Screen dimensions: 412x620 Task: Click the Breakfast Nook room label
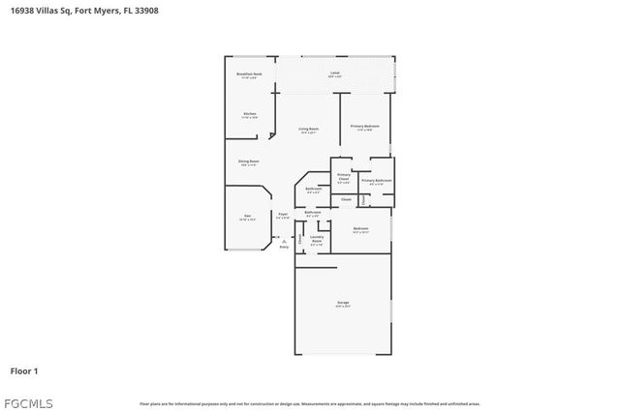point(250,74)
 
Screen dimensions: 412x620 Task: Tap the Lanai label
point(334,74)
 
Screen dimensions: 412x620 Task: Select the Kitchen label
point(249,114)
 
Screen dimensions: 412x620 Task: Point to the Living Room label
point(309,130)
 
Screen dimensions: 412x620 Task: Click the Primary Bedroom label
point(364,127)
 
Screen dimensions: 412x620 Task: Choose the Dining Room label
point(249,162)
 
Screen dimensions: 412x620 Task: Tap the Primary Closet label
point(343,178)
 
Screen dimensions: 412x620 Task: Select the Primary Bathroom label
point(376,181)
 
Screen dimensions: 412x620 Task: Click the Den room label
point(247,217)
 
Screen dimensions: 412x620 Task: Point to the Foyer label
point(283,215)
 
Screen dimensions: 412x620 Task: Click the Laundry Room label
point(316,241)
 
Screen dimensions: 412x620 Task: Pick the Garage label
point(343,304)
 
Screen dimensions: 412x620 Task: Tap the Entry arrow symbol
point(284,240)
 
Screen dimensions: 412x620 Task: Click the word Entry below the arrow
point(284,248)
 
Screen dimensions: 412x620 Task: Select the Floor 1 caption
point(24,370)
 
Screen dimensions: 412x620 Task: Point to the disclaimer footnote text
point(309,403)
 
